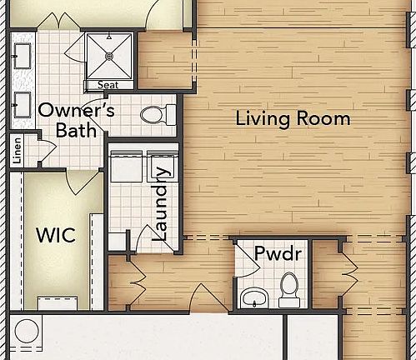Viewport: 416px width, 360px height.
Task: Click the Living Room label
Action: tap(292, 118)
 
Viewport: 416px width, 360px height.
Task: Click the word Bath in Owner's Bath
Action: tap(77, 130)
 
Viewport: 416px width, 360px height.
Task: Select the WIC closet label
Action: tap(56, 236)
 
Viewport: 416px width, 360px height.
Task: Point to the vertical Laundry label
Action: tap(162, 205)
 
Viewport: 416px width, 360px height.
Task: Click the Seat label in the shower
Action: tap(108, 84)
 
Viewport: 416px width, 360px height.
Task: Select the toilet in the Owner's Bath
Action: tap(155, 114)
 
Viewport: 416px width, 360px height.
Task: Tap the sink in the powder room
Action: tap(253, 297)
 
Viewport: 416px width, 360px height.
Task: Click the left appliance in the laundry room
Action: tap(124, 167)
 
